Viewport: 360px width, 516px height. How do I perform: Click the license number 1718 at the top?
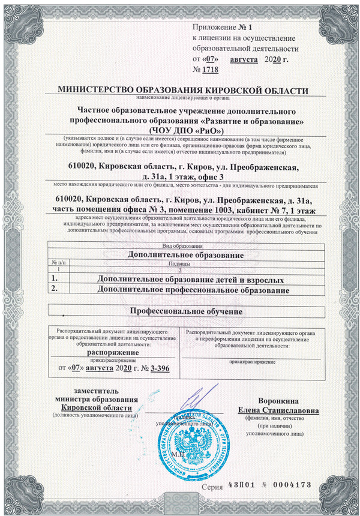tap(211, 70)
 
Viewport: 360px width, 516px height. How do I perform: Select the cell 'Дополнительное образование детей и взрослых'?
tap(190, 279)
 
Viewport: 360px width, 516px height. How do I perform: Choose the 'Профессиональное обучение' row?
tap(187, 312)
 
